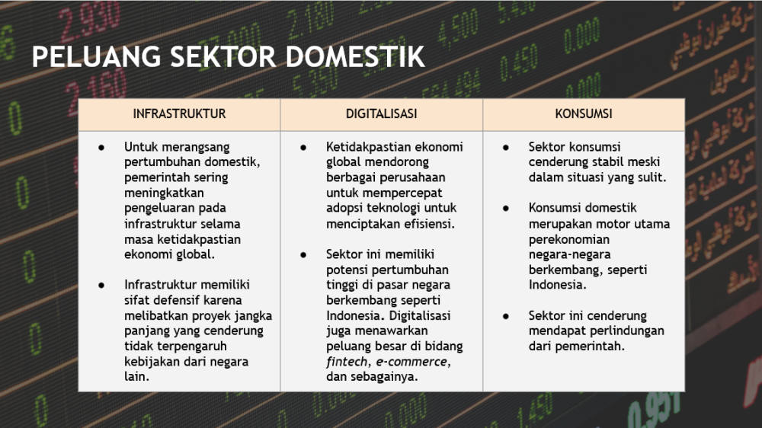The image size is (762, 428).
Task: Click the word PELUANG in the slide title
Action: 96,56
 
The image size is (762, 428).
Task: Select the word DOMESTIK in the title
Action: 355,56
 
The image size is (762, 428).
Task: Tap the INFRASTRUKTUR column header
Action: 179,113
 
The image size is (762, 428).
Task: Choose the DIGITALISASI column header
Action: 382,113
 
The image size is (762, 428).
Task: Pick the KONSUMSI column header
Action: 584,113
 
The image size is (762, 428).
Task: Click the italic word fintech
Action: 347,362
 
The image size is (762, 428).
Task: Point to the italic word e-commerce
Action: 411,362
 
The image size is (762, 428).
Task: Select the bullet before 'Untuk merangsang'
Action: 101,147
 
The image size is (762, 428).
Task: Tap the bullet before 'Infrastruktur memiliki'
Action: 101,285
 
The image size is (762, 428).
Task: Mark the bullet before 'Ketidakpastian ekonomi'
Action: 303,147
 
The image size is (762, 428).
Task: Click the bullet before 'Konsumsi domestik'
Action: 506,209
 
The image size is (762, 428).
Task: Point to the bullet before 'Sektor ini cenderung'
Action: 506,316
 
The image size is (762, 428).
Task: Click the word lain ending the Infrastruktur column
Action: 135,376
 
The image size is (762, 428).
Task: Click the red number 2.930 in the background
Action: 89,22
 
